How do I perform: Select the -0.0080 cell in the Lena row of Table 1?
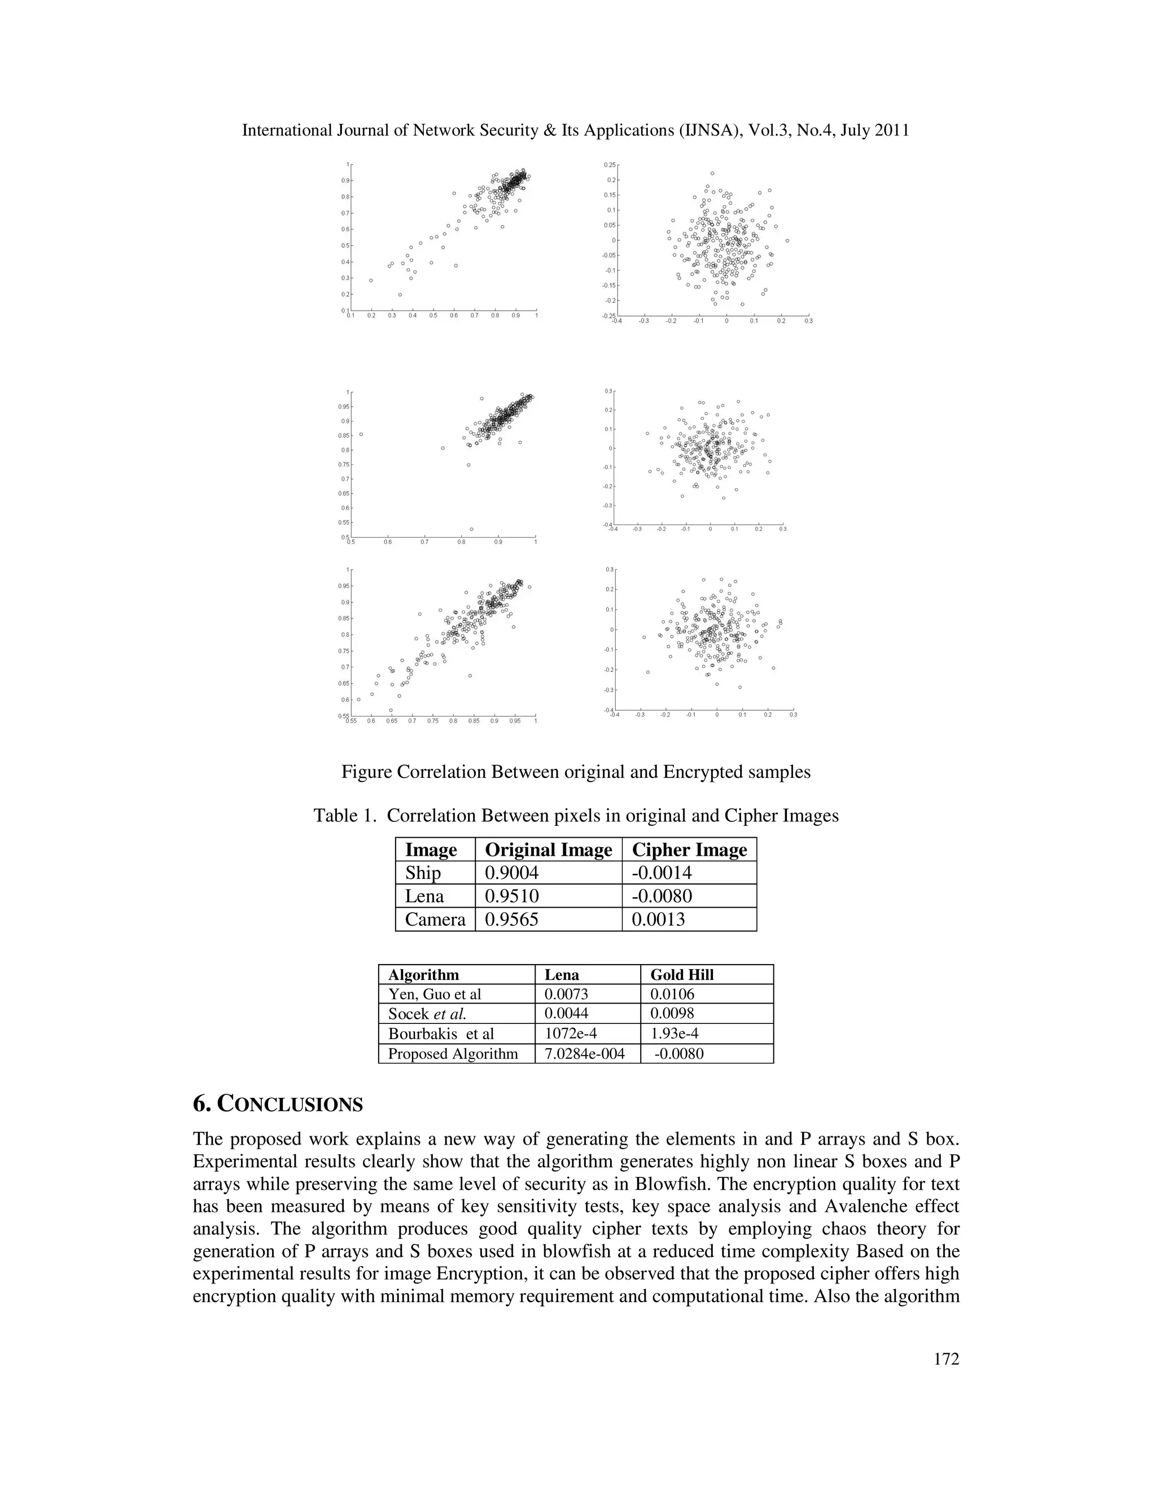coord(662,896)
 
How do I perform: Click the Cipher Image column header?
coord(689,850)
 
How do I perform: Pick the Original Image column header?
coord(548,850)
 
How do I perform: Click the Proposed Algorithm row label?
coord(453,1053)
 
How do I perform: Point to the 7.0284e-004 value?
coord(584,1053)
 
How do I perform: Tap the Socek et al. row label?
coord(427,1014)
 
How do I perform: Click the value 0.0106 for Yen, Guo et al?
coord(672,994)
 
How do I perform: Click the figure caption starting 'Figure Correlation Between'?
coord(575,772)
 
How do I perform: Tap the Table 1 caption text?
coord(575,816)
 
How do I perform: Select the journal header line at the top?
coord(575,130)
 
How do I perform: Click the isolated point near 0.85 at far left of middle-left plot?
coord(361,434)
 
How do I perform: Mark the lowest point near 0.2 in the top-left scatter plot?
coord(400,294)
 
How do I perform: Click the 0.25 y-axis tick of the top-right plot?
coord(610,165)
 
